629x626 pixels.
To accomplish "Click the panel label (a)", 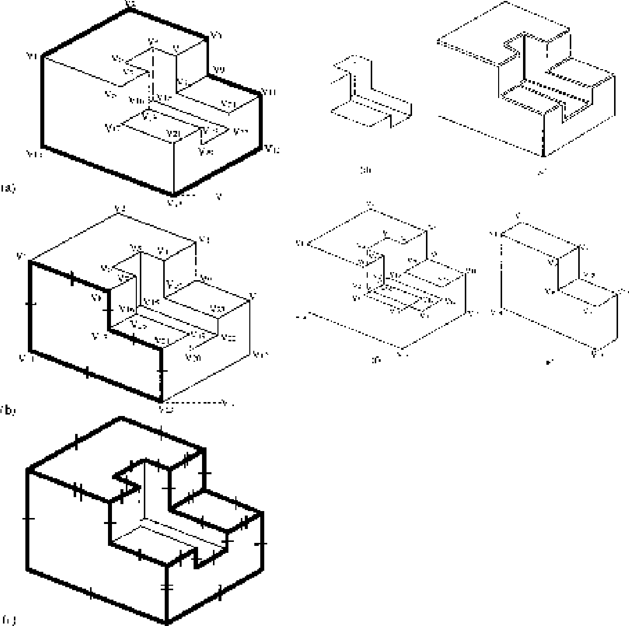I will (x=8, y=188).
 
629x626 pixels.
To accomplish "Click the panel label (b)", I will (x=8, y=410).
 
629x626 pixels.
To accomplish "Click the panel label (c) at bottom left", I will (x=8, y=620).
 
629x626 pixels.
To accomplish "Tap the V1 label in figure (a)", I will (x=32, y=56).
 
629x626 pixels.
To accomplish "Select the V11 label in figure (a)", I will (x=269, y=92).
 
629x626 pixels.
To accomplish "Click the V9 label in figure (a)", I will (x=218, y=69).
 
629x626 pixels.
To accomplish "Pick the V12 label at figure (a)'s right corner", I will (x=271, y=147).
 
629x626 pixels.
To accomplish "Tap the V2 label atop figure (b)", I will (x=120, y=209).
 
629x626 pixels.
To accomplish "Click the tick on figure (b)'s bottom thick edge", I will (x=87, y=372).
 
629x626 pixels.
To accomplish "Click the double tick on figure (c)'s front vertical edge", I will (x=168, y=587).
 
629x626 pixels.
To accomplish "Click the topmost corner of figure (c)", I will (x=121, y=417).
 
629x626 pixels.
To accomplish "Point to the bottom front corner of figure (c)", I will (x=167, y=622).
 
